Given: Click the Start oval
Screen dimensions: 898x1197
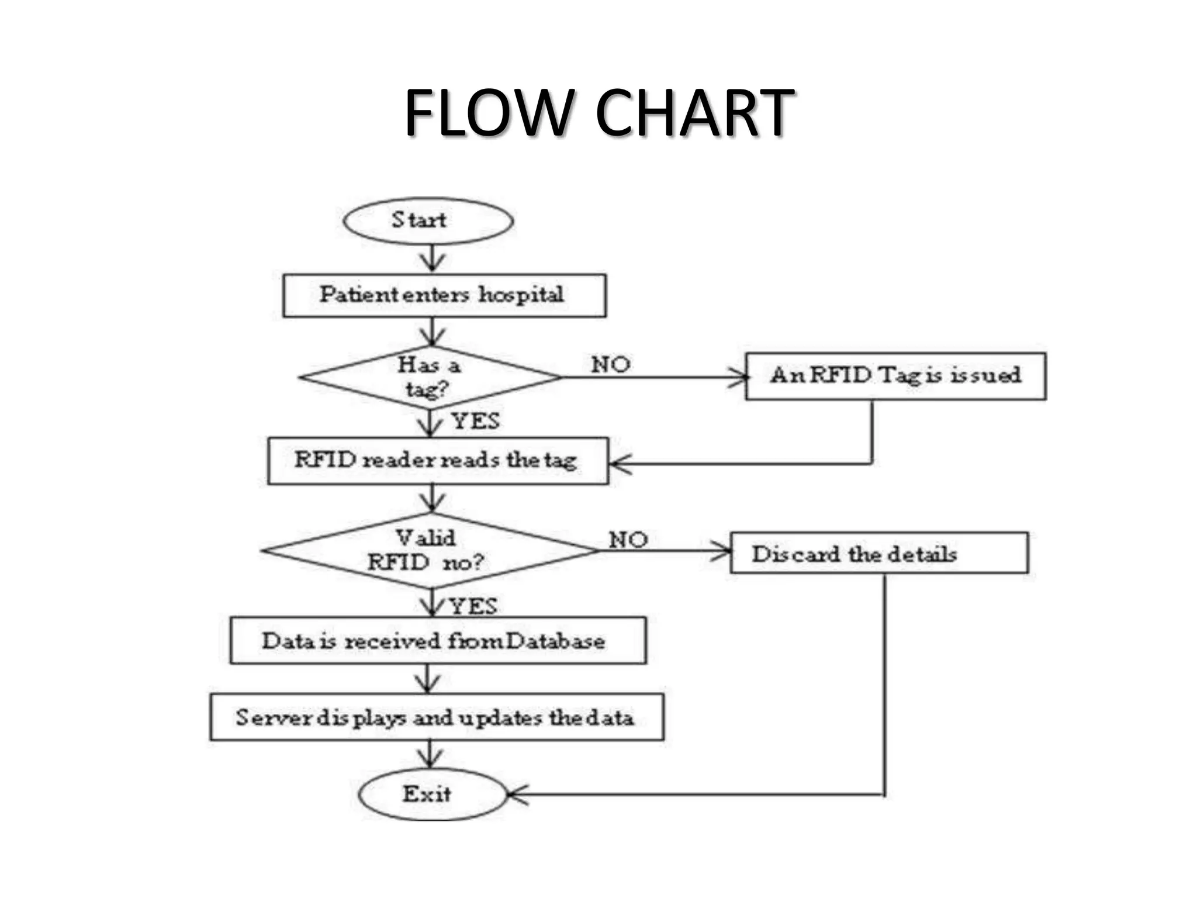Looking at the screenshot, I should click(x=428, y=221).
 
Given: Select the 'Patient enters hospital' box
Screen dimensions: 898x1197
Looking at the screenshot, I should click(x=444, y=295).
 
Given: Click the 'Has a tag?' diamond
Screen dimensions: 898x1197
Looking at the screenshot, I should click(x=430, y=377).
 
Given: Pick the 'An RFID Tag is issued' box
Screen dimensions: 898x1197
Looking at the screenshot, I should click(x=895, y=376).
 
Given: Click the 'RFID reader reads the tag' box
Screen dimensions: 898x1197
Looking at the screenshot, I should click(x=438, y=461).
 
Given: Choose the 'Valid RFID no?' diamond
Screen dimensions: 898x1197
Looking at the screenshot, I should click(x=430, y=551).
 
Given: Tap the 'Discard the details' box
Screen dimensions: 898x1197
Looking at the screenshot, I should click(x=878, y=552).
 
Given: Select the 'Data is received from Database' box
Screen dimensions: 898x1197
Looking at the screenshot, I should click(x=438, y=640).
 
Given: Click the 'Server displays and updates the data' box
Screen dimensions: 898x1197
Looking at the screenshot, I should click(x=437, y=717).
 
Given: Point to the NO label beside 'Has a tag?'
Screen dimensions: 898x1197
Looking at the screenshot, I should click(x=610, y=365).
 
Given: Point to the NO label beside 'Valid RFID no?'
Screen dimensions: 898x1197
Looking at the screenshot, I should click(x=628, y=539).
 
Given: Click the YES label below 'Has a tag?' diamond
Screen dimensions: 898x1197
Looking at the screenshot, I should click(x=476, y=421).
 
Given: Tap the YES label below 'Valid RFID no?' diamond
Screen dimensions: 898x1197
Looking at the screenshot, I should click(x=473, y=606).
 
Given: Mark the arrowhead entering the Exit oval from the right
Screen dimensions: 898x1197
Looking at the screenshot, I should click(x=516, y=795).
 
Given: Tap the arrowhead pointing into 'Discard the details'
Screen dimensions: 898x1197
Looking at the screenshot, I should click(x=722, y=551).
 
